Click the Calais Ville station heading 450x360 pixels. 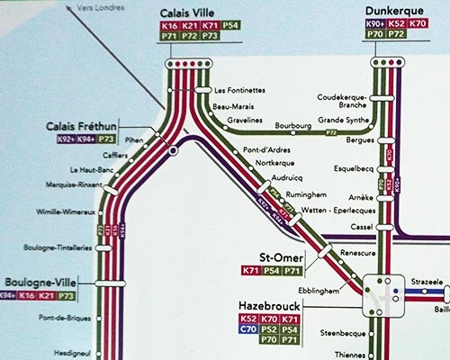click(x=190, y=13)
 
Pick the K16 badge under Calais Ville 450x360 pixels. click(x=168, y=29)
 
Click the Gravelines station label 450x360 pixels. click(x=245, y=118)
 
